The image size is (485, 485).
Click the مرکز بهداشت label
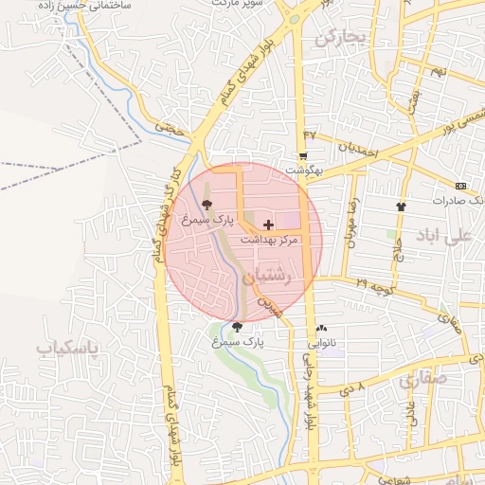point(269,241)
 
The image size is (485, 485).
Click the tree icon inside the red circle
point(207,205)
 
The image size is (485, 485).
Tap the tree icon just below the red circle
point(237,327)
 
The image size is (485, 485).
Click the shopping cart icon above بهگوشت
point(303,156)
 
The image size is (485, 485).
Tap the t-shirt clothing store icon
point(400,206)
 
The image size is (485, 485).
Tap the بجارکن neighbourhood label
point(339,38)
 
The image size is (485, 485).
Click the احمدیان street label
point(358,148)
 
